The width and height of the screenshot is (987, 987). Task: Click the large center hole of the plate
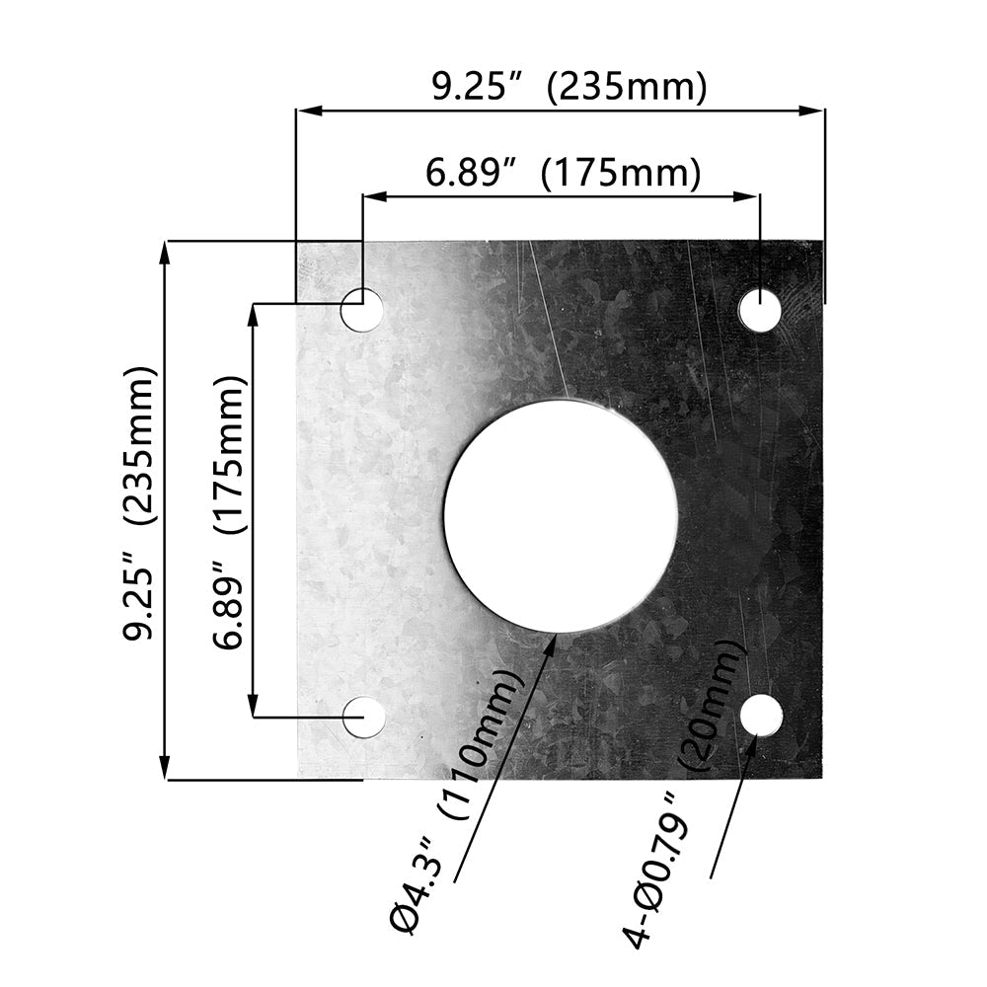coord(561,516)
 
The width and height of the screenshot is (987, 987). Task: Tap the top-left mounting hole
coord(362,309)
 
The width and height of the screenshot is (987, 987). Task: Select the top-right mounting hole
coord(760,310)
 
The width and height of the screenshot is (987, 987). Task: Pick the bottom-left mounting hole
coord(364,717)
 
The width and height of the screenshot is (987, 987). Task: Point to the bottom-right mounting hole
coord(762,715)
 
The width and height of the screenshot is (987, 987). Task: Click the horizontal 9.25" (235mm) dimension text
coord(569,87)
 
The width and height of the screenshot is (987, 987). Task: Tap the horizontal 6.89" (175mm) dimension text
coord(564,173)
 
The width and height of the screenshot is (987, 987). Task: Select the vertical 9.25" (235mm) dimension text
coord(138,502)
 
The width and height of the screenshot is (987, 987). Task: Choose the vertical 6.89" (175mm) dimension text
coord(228,512)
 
